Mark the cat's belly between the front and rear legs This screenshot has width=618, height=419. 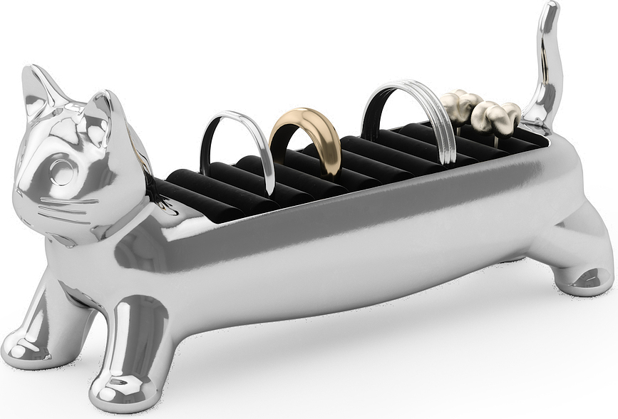(342, 285)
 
